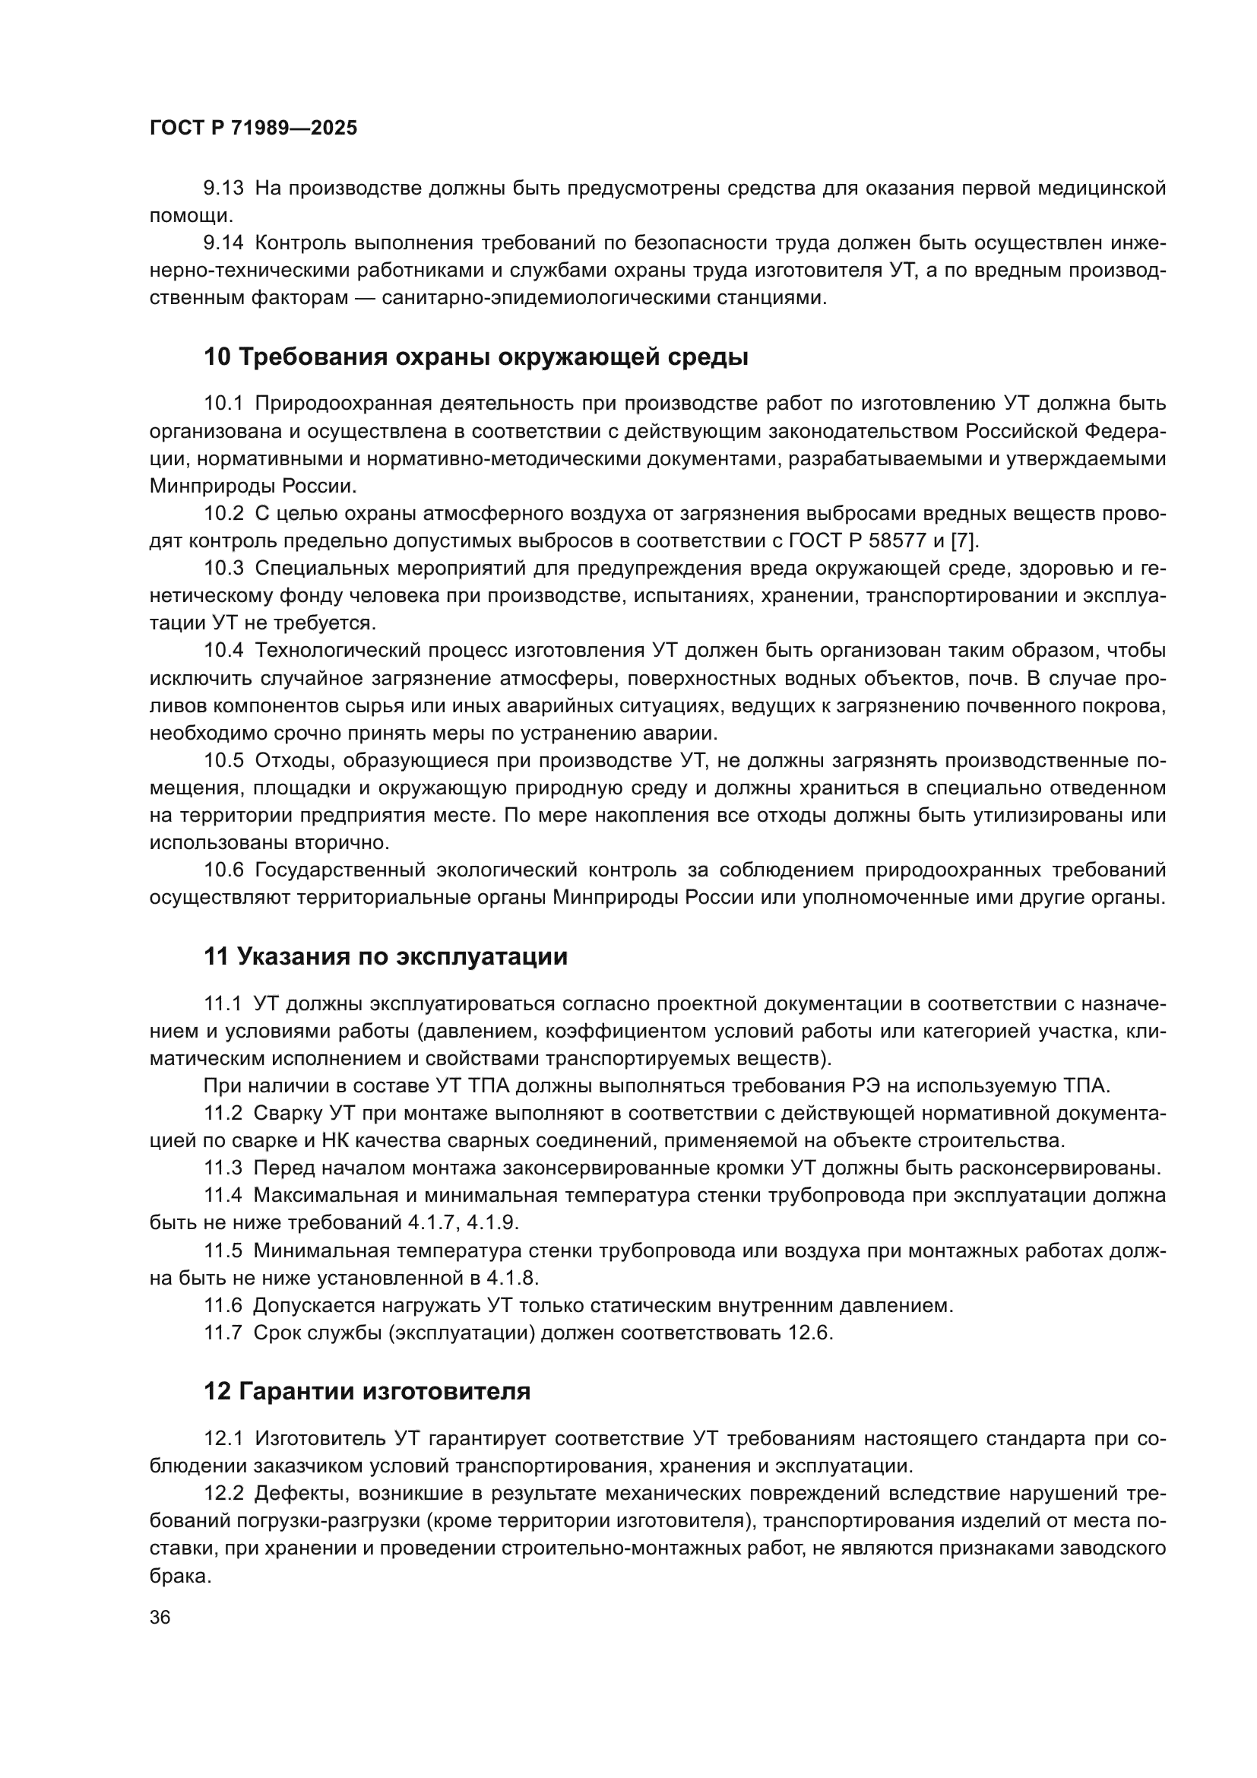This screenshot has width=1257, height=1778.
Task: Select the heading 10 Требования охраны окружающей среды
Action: point(476,357)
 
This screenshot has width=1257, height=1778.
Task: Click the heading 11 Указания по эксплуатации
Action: point(385,956)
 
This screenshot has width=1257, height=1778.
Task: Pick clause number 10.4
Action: point(223,651)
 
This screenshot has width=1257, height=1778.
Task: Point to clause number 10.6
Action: point(223,870)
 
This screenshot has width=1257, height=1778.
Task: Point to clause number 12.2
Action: point(223,1493)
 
